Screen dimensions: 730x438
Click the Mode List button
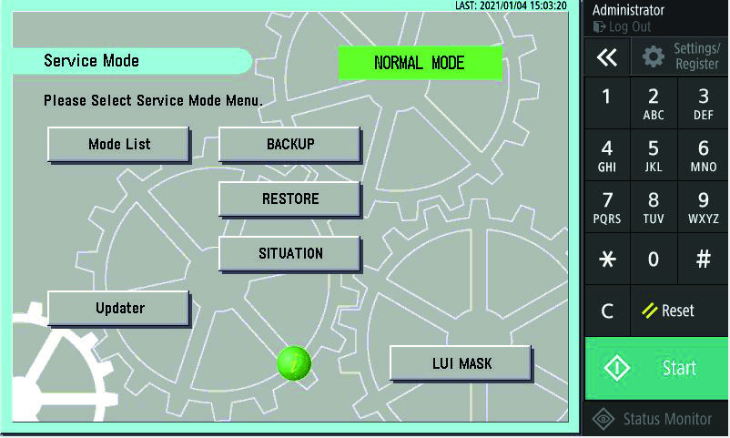118,145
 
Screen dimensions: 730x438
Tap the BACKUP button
289,145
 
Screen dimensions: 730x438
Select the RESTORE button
289,199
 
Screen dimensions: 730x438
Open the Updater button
118,309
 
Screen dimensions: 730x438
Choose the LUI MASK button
461,363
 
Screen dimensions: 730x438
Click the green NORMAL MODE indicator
420,63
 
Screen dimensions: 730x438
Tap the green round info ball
294,363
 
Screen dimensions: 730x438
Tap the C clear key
607,311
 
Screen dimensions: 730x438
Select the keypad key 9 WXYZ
703,208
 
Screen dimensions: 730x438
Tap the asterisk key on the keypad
607,260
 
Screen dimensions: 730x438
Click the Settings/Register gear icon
654,56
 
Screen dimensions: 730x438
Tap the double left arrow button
607,56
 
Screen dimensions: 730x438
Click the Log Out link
622,27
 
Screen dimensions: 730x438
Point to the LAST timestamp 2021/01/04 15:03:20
511,5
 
